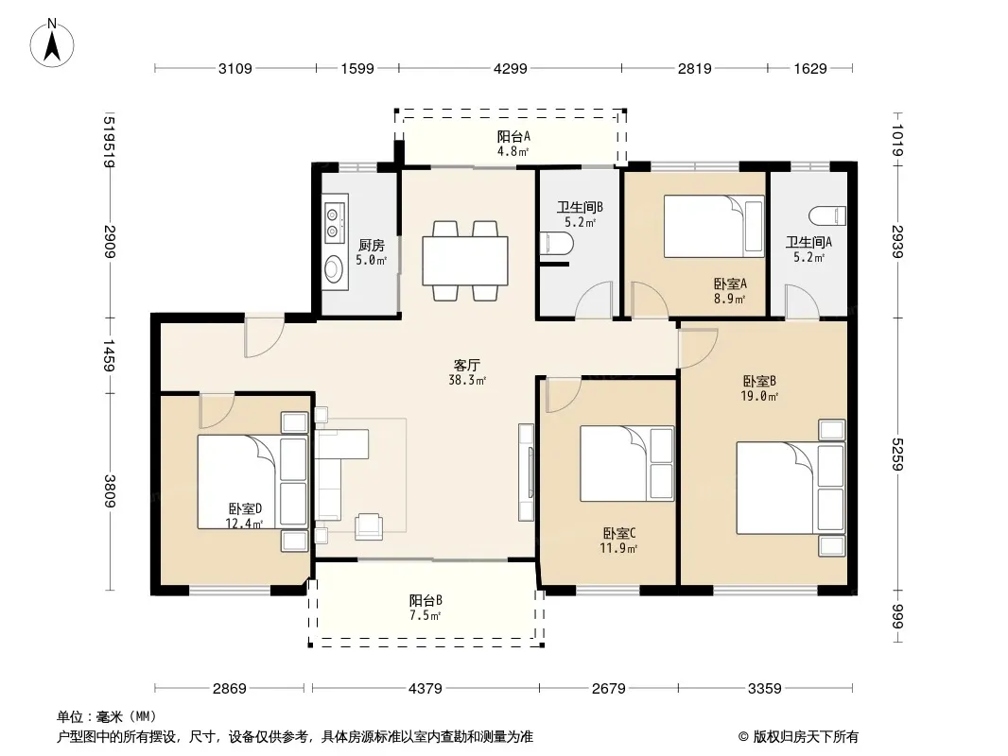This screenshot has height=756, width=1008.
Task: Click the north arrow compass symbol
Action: (x=52, y=43)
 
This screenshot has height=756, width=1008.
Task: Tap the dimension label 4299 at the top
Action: (x=511, y=68)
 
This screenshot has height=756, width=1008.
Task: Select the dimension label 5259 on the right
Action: (x=898, y=454)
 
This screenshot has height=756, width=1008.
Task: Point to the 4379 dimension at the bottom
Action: (x=425, y=689)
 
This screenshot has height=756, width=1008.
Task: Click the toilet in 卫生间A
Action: (x=827, y=215)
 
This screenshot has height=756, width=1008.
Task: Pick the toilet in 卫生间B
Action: (x=557, y=244)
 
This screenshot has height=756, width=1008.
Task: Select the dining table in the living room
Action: (x=465, y=261)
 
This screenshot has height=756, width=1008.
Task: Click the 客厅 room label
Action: (x=467, y=365)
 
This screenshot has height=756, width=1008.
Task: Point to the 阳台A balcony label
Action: (x=513, y=136)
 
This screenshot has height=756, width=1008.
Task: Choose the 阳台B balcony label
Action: (x=426, y=601)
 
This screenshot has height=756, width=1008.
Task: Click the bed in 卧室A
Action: (x=714, y=227)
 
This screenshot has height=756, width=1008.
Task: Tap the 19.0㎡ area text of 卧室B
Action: (x=759, y=396)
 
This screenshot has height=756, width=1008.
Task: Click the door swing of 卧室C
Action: (x=564, y=394)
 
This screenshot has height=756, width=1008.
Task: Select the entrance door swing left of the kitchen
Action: (x=264, y=336)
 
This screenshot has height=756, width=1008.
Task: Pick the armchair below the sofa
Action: (x=369, y=524)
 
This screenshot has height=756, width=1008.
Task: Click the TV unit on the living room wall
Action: (x=527, y=472)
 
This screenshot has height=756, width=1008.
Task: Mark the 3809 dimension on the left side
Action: (x=110, y=490)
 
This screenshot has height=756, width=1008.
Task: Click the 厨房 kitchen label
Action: (x=372, y=246)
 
